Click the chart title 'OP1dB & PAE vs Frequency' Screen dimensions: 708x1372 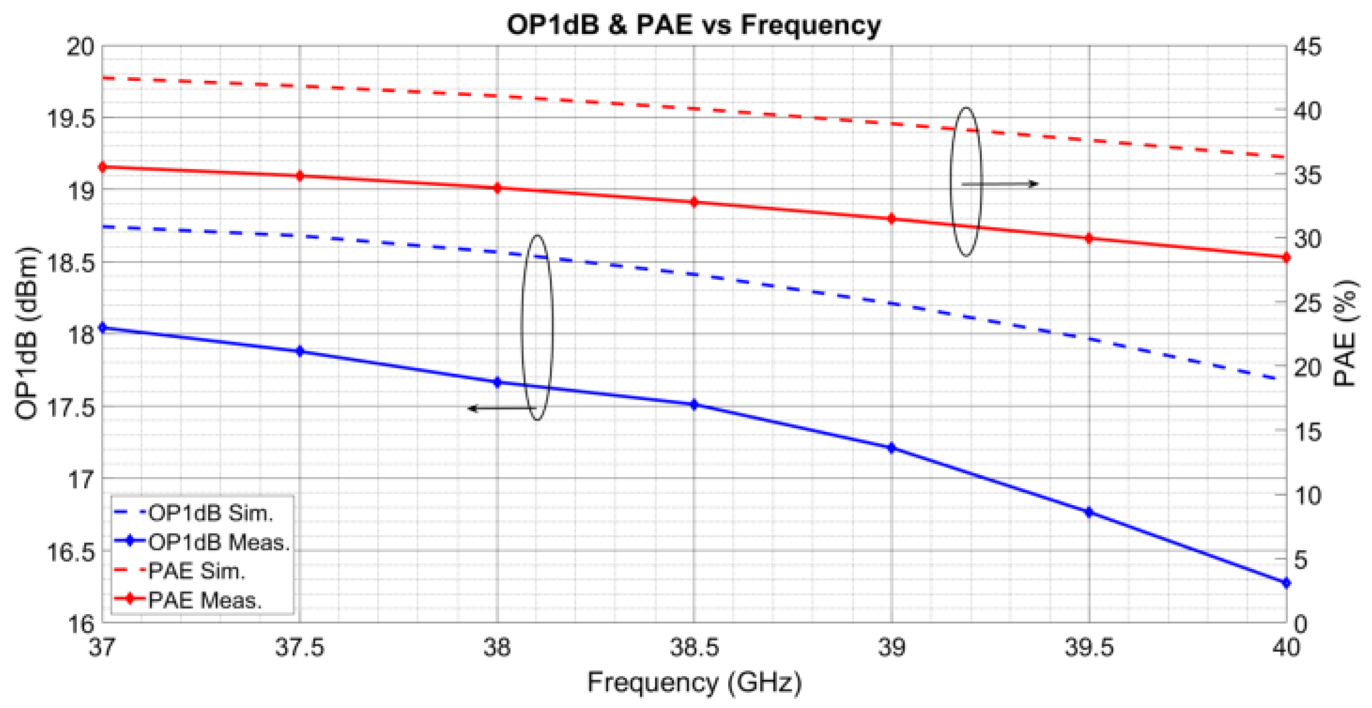click(x=693, y=25)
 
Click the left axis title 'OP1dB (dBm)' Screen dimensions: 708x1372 click(x=26, y=334)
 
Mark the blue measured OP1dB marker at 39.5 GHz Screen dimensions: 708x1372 click(x=1089, y=512)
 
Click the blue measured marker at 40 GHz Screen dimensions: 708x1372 click(x=1286, y=583)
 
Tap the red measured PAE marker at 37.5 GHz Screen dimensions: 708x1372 click(x=300, y=176)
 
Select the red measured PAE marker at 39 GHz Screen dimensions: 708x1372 click(x=892, y=219)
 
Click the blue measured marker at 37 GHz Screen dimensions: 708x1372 click(x=103, y=328)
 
